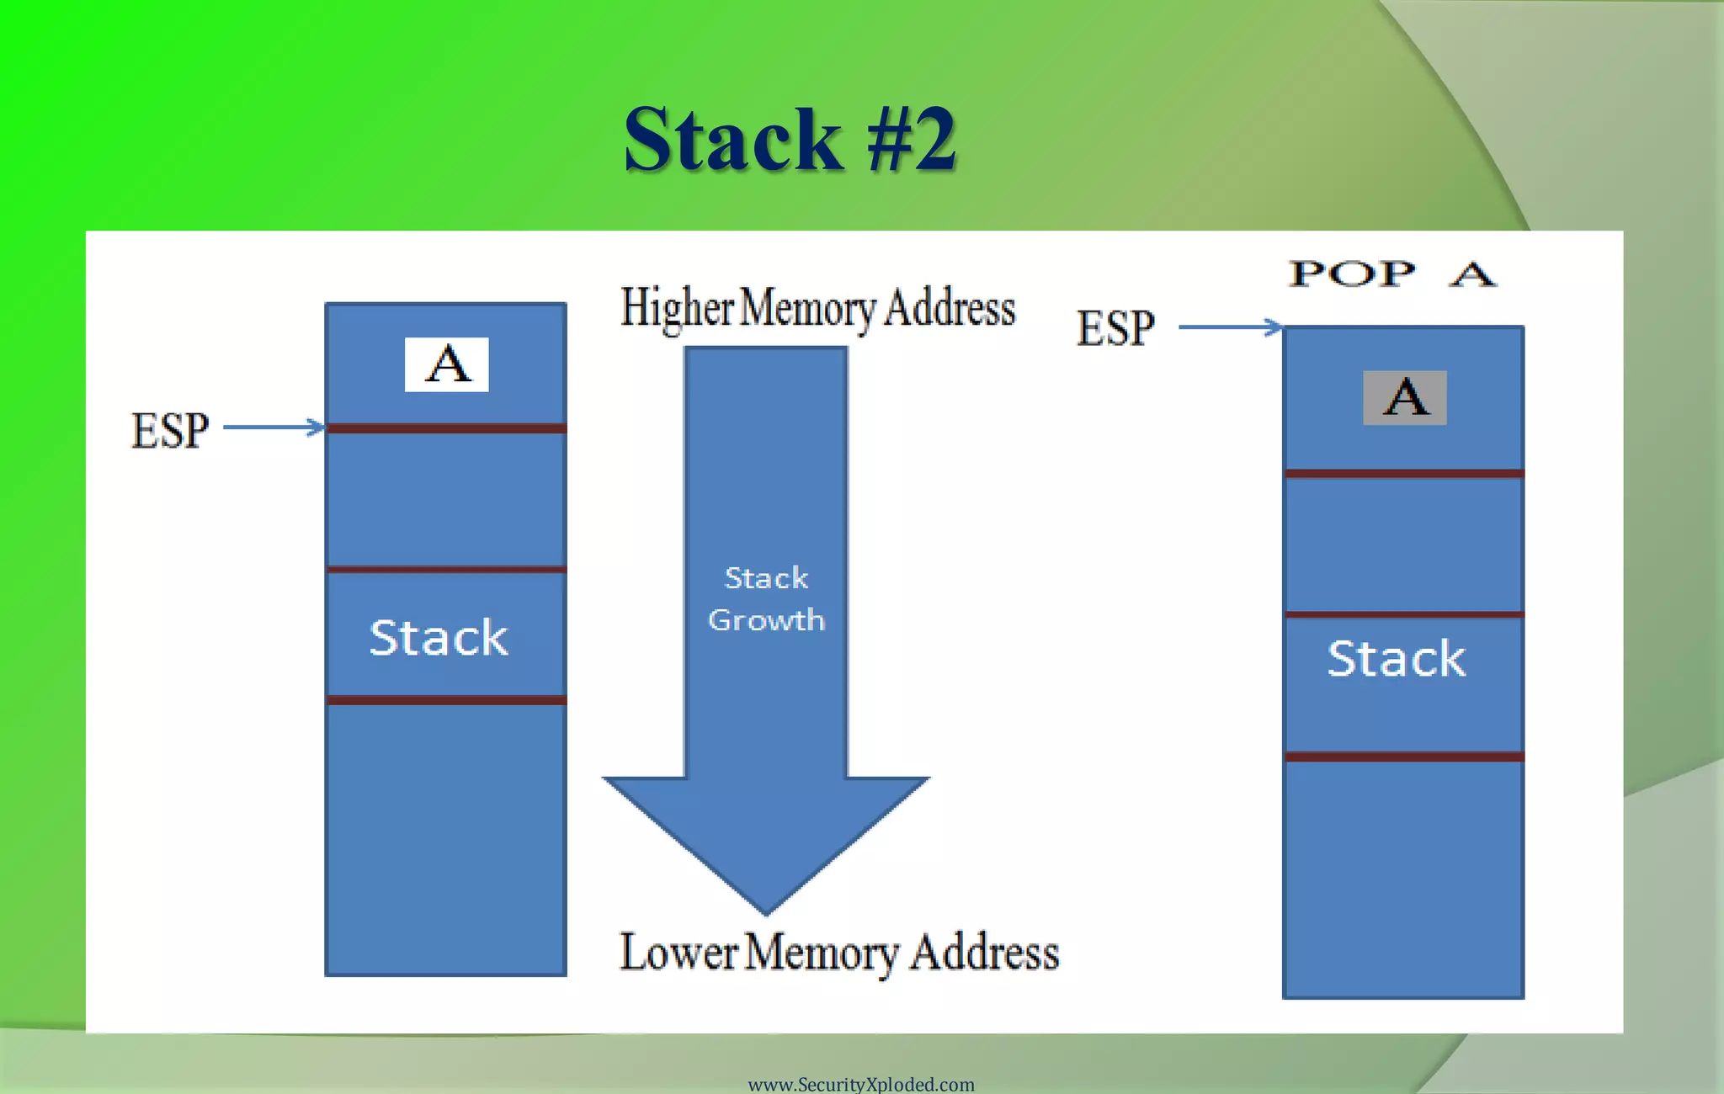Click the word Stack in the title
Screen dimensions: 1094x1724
click(732, 140)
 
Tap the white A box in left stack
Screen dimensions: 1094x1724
click(446, 364)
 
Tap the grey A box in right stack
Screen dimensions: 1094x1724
click(1404, 397)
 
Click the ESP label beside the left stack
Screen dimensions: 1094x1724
click(170, 430)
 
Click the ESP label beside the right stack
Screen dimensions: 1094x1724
click(1115, 327)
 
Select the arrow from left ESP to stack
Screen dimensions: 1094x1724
click(274, 428)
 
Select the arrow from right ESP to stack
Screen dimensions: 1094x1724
click(1229, 327)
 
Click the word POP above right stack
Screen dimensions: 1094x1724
click(1353, 274)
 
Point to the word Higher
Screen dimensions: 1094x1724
click(677, 308)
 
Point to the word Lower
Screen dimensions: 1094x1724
click(678, 953)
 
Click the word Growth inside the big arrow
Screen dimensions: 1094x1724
click(766, 620)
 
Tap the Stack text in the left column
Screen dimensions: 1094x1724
click(439, 637)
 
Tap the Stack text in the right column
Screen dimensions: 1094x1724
click(1396, 658)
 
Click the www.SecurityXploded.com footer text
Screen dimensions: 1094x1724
click(861, 1084)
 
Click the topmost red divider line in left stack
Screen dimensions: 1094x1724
click(446, 428)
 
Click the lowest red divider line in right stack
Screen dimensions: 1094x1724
click(1403, 757)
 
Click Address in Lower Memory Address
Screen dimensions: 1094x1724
click(984, 953)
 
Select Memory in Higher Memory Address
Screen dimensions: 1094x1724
click(808, 308)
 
